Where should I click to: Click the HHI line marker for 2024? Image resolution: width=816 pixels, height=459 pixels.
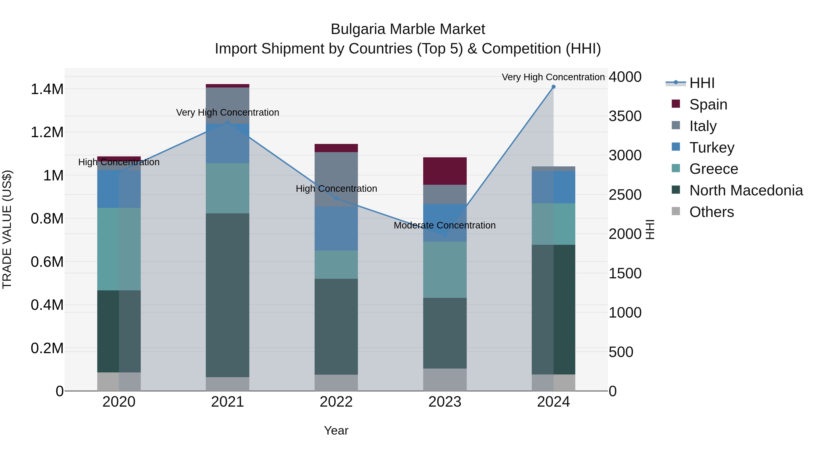click(x=553, y=87)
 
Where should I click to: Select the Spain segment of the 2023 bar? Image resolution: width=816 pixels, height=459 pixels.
click(x=445, y=171)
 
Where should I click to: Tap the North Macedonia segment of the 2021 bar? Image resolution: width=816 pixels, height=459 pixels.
click(x=227, y=295)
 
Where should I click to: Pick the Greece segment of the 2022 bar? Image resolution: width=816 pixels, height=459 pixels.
click(x=336, y=265)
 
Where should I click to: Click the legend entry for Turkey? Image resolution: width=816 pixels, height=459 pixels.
click(x=712, y=148)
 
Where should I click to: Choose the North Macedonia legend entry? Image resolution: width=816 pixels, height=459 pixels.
click(x=746, y=191)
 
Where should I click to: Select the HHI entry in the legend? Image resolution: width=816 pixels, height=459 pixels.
click(x=702, y=83)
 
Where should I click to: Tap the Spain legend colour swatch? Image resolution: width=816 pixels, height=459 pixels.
click(x=676, y=104)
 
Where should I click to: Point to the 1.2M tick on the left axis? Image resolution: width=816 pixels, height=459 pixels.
click(x=47, y=132)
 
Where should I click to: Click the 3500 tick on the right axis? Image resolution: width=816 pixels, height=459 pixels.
click(x=625, y=116)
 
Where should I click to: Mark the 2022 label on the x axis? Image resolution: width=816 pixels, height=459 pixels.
click(x=336, y=402)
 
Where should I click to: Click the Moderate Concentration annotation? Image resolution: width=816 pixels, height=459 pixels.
click(x=444, y=226)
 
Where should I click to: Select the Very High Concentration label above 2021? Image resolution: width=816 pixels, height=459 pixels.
click(x=227, y=112)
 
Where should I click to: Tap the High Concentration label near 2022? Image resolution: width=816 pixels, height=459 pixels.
click(x=336, y=189)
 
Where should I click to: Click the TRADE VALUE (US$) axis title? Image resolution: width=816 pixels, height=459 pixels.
click(x=7, y=229)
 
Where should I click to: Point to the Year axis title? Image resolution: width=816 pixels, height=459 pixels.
click(x=336, y=430)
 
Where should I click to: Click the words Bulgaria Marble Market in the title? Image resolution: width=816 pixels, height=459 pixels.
click(x=408, y=29)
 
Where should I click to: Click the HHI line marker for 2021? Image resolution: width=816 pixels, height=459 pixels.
click(x=227, y=122)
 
